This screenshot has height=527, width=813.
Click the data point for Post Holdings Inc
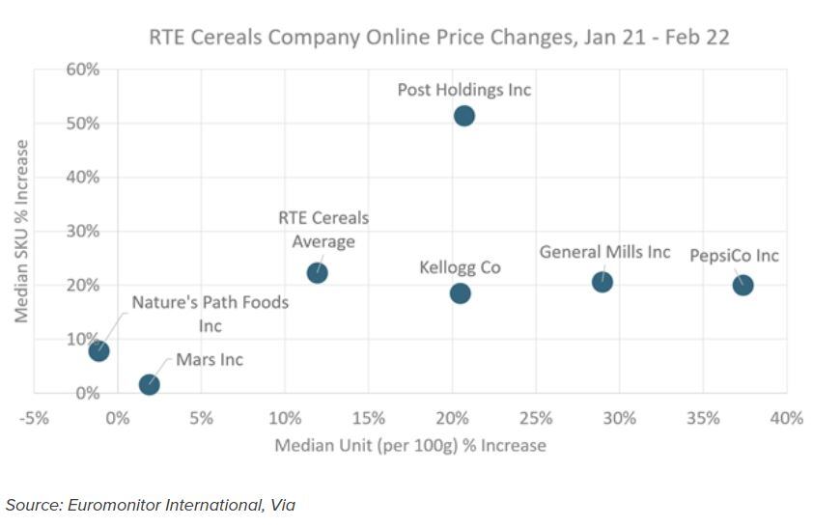(x=464, y=116)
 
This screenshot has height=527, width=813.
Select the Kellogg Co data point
(x=460, y=292)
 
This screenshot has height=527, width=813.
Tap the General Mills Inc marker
(x=603, y=282)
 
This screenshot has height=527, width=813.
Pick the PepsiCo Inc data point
(x=743, y=285)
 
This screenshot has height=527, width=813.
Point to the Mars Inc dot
(x=149, y=385)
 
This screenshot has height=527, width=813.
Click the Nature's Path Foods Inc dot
(x=98, y=350)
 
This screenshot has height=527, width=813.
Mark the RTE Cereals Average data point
(x=317, y=273)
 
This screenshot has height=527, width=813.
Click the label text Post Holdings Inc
(x=464, y=90)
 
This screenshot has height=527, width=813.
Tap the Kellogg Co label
(x=460, y=267)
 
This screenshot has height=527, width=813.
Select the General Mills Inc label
(x=604, y=252)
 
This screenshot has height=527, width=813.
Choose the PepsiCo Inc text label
(x=734, y=256)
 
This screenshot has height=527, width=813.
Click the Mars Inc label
(x=210, y=360)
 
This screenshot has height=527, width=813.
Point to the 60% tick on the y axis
(x=82, y=69)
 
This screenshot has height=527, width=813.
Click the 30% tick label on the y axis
(x=82, y=232)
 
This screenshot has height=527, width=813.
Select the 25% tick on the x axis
(x=536, y=418)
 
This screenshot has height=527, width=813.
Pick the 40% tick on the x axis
(x=786, y=418)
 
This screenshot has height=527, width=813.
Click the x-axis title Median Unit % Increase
(x=410, y=446)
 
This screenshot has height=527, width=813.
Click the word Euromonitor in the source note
(x=114, y=505)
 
